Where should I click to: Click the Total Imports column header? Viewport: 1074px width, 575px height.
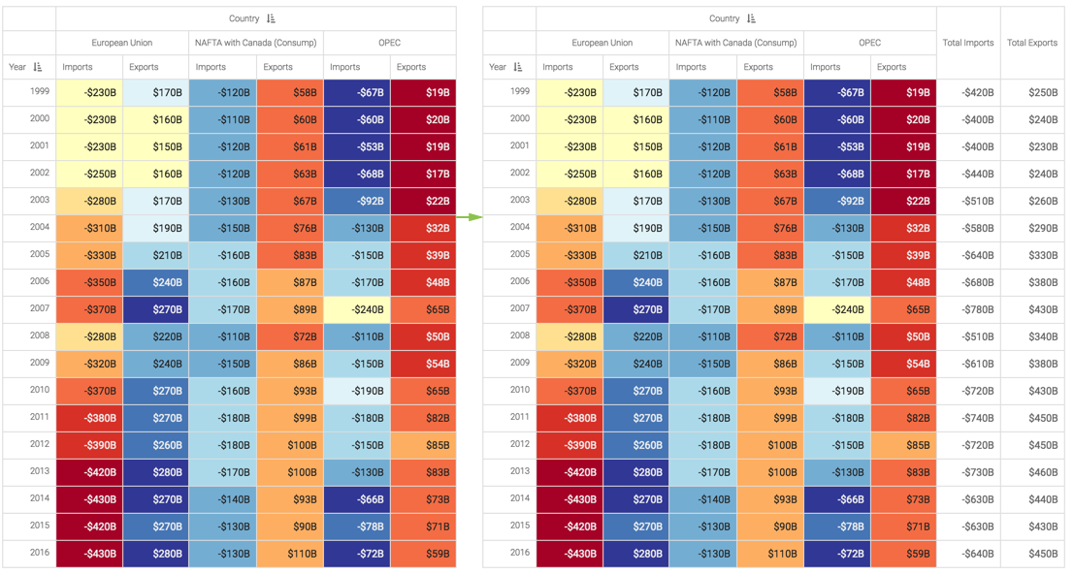click(x=967, y=43)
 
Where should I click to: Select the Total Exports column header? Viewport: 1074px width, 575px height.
click(x=1032, y=43)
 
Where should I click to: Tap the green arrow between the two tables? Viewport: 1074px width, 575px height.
click(x=470, y=215)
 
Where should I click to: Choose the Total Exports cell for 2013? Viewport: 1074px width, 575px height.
click(x=1037, y=472)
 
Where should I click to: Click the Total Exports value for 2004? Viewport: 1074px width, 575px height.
click(x=1037, y=228)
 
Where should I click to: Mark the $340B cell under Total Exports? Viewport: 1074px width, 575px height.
click(x=1037, y=336)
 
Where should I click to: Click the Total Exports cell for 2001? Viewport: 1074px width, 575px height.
click(x=1037, y=146)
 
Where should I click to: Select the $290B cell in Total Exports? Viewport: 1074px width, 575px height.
click(x=1037, y=228)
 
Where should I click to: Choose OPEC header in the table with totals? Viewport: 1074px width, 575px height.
click(x=869, y=43)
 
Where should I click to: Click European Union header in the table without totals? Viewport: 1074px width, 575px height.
click(x=122, y=43)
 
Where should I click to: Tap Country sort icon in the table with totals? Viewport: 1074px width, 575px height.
click(x=752, y=18)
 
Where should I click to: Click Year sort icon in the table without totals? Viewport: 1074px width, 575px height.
click(x=38, y=67)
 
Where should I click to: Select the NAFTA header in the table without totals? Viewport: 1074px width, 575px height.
click(x=256, y=43)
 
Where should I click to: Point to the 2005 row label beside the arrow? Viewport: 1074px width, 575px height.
click(x=520, y=255)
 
